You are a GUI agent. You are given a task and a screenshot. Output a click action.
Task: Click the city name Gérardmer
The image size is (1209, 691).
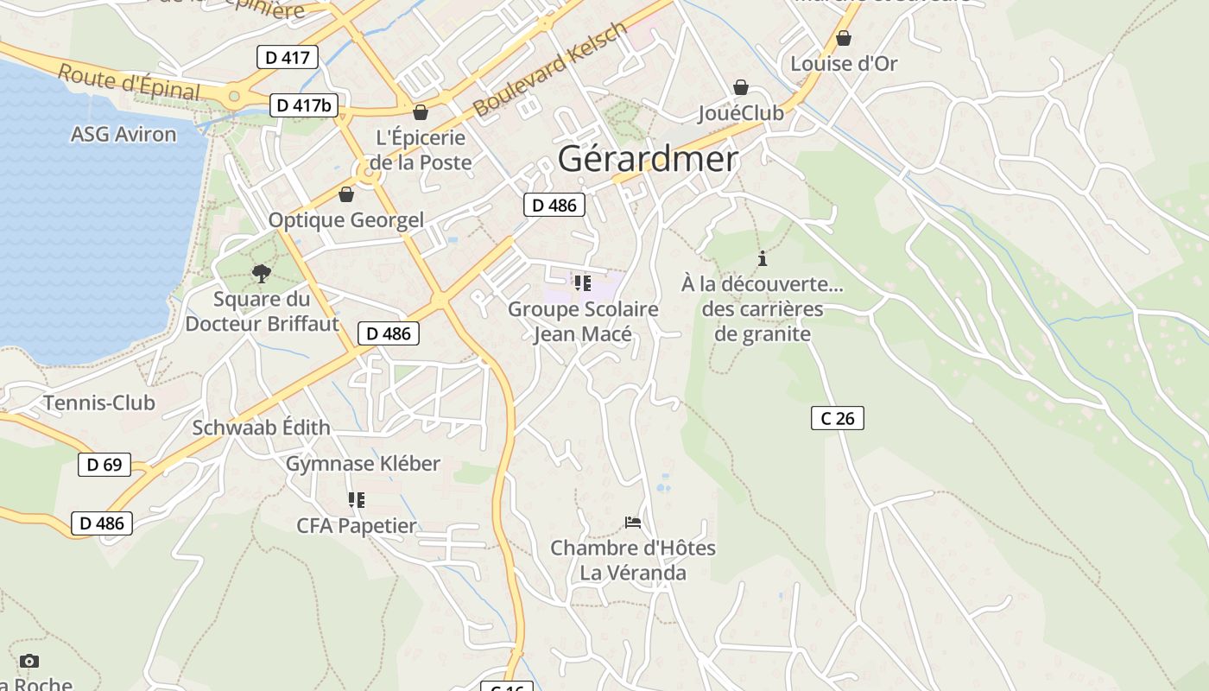648,159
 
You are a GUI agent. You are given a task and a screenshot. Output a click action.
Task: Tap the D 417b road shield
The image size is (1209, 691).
304,105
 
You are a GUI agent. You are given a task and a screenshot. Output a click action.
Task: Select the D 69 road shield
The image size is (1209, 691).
104,465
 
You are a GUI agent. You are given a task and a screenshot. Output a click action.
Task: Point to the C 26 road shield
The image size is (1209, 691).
838,418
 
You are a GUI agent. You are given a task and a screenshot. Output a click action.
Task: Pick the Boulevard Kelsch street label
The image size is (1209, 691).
550,71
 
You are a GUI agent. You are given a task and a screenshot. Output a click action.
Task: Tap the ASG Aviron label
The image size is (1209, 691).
123,134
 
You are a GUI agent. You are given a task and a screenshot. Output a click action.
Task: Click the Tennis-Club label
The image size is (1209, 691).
99,403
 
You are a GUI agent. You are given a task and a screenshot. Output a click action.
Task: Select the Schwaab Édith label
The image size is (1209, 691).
261,428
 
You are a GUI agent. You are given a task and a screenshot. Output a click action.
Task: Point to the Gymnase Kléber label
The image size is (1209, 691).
363,464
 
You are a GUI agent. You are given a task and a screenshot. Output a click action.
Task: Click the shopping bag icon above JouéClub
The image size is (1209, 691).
740,87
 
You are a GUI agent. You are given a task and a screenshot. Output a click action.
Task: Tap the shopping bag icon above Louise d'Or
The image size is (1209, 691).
844,38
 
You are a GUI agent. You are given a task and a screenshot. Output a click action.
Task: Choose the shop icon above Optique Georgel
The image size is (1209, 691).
346,194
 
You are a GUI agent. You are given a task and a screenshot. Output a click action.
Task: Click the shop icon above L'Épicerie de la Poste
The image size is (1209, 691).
421,112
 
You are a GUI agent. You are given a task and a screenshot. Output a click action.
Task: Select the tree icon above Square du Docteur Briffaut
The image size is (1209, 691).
262,274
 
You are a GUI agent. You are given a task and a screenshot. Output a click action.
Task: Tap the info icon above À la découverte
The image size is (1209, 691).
762,258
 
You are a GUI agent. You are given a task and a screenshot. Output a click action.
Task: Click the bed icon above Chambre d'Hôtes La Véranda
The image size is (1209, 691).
633,523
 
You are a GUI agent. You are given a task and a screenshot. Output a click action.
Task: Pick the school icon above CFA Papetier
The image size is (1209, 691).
356,500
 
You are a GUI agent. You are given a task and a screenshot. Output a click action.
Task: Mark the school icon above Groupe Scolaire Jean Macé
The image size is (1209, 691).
582,283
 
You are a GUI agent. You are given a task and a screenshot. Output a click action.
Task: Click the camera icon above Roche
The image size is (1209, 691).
29,661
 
